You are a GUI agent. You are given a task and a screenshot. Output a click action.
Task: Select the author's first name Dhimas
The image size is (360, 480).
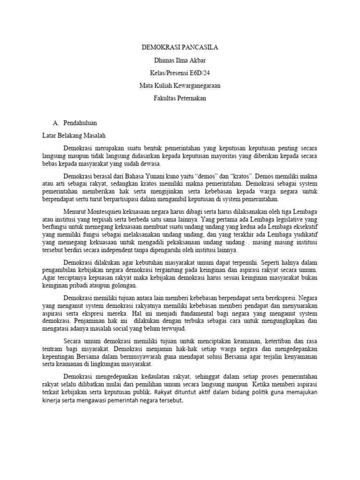click(164, 60)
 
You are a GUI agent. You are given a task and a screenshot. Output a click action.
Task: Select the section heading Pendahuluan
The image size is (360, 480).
click(80, 123)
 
